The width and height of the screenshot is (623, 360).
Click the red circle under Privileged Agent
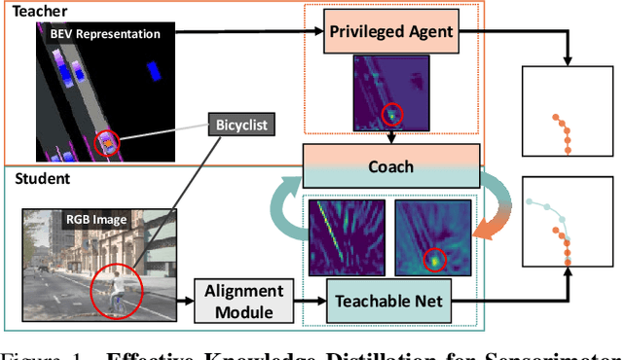point(392,115)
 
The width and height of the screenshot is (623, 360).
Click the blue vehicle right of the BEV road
point(152,70)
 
